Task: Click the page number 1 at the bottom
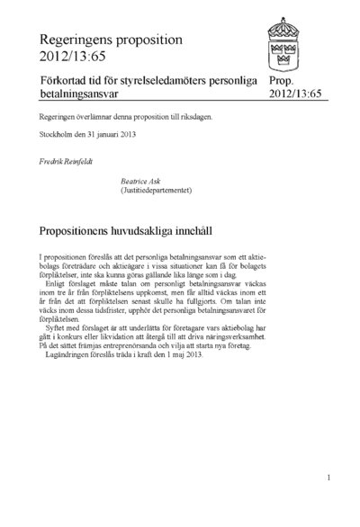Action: [x=329, y=478]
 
